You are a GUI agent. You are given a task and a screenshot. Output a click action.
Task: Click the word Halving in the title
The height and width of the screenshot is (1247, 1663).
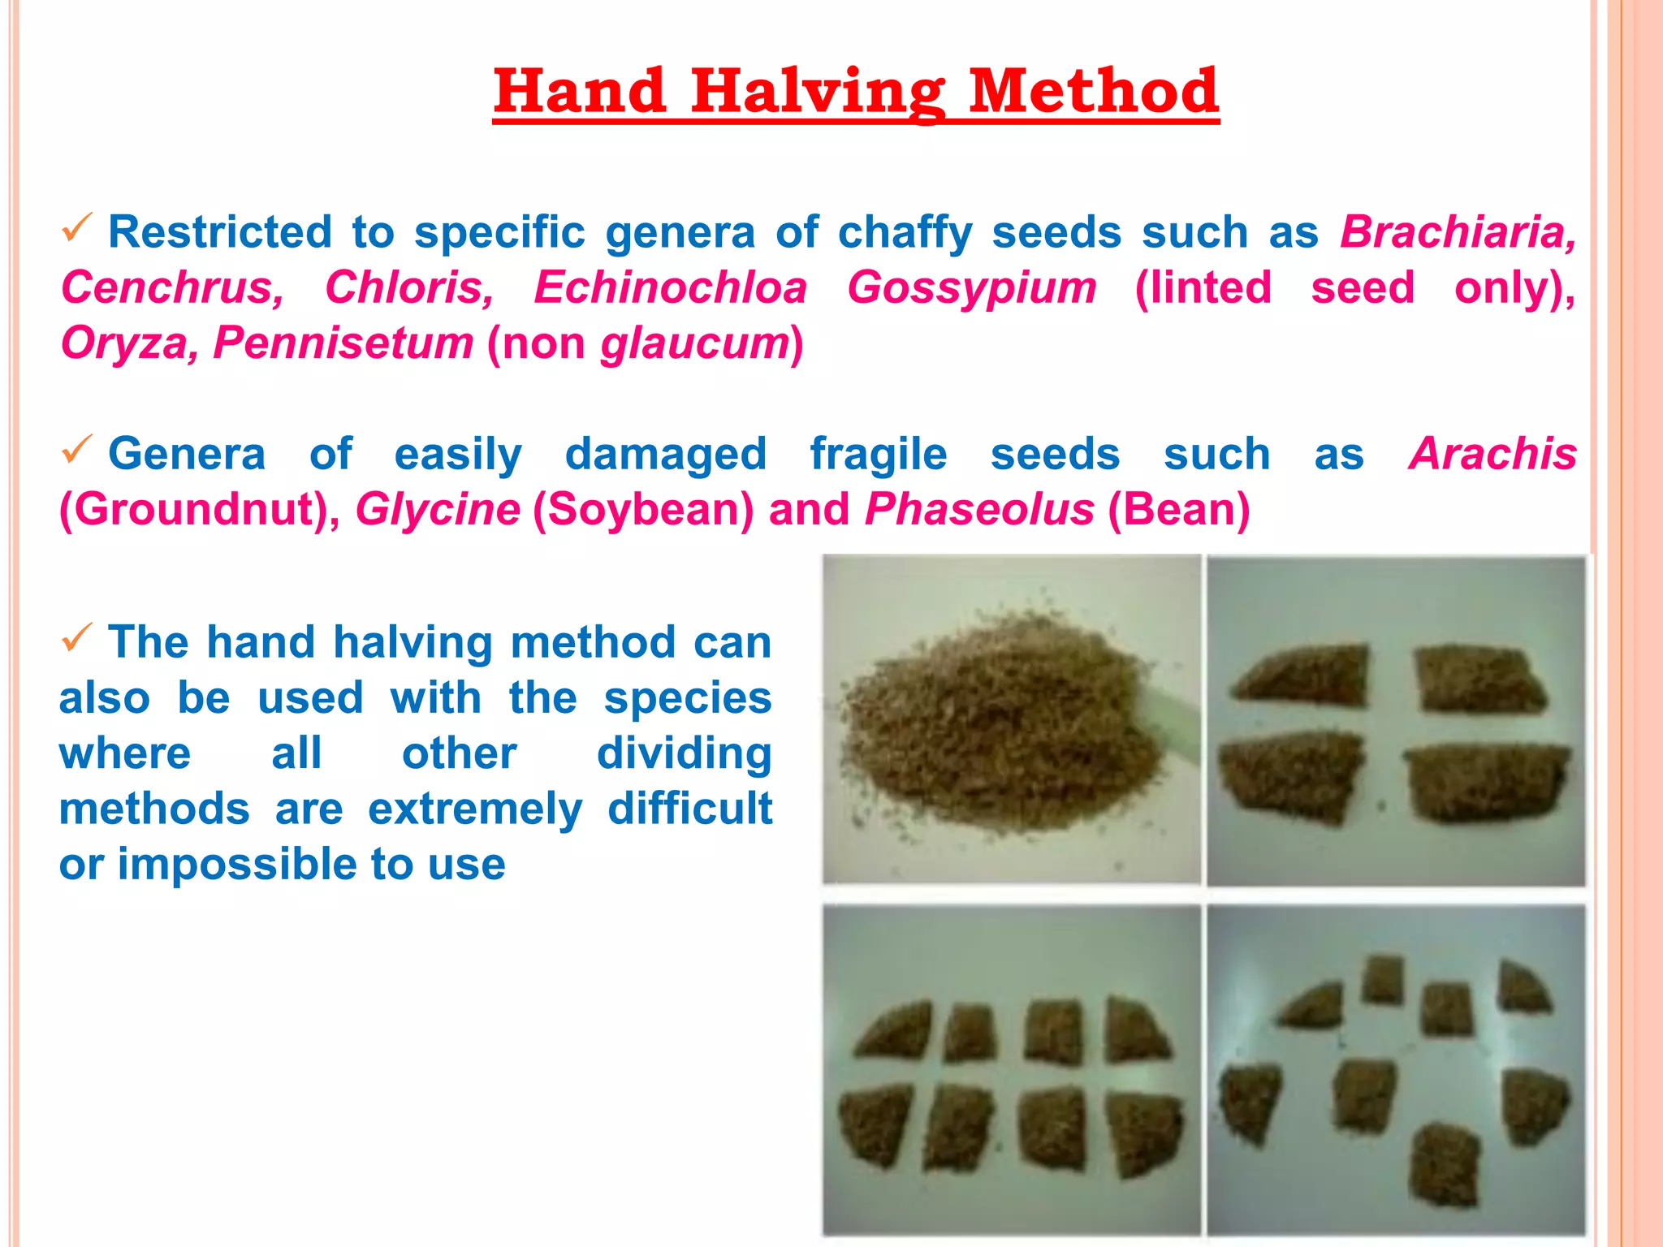pyautogui.click(x=818, y=92)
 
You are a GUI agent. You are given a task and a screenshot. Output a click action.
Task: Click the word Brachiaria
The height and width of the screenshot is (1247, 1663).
pyautogui.click(x=1457, y=232)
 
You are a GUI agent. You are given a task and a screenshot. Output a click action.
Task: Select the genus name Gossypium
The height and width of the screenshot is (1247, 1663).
pyautogui.click(x=971, y=287)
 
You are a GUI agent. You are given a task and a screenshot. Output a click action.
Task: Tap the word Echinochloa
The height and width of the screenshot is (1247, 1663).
pyautogui.click(x=670, y=287)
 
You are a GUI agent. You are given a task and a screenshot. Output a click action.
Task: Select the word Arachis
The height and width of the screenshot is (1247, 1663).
pyautogui.click(x=1492, y=454)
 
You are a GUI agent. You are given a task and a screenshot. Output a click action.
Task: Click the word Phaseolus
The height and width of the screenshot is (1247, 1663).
pyautogui.click(x=979, y=510)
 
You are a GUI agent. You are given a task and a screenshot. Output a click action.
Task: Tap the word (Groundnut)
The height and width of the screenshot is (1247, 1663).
pyautogui.click(x=199, y=510)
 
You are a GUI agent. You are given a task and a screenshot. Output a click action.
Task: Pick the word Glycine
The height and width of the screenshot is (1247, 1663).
pyautogui.click(x=438, y=510)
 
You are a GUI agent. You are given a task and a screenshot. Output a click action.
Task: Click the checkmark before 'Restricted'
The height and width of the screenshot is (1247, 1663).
pyautogui.click(x=77, y=229)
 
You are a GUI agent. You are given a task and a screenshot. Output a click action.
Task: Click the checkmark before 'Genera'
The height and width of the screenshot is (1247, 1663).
pyautogui.click(x=77, y=450)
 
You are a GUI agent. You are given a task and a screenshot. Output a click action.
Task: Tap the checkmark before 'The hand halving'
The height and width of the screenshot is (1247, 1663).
pyautogui.click(x=77, y=639)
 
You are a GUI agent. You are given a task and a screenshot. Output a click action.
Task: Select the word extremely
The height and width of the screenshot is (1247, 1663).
pyautogui.click(x=475, y=809)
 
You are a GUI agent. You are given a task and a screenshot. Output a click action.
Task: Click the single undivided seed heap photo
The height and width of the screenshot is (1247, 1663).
pyautogui.click(x=1010, y=719)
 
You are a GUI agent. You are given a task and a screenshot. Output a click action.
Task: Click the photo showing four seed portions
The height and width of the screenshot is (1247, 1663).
pyautogui.click(x=1395, y=721)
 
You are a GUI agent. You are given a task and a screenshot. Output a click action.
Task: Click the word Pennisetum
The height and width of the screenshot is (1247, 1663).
pyautogui.click(x=343, y=343)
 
